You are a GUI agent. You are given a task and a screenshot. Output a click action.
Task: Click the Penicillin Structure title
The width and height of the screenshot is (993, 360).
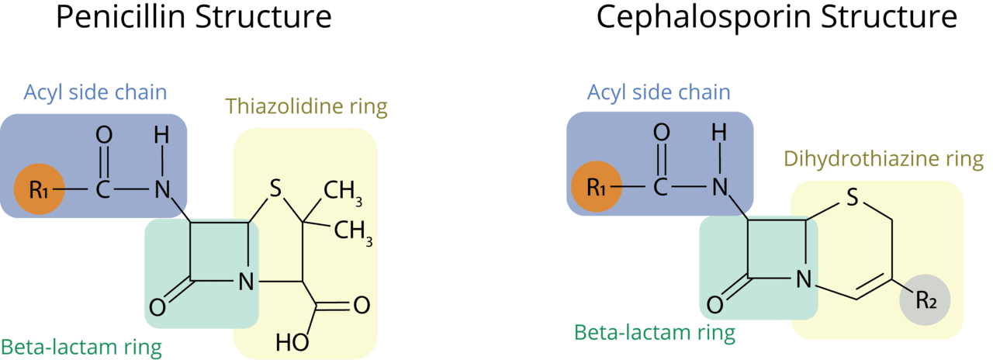click(194, 17)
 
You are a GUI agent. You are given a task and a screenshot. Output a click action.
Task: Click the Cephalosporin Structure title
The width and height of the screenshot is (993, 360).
click(776, 17)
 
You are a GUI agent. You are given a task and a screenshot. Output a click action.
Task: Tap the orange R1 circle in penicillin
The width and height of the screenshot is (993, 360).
click(37, 189)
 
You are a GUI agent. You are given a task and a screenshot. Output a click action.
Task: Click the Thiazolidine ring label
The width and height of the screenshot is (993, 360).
click(306, 107)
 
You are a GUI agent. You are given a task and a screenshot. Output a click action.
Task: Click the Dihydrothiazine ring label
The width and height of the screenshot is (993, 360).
click(883, 160)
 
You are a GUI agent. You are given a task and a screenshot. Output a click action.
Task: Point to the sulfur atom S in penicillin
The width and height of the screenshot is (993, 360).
click(275, 189)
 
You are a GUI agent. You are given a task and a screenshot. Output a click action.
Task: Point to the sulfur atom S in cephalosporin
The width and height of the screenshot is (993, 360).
click(851, 199)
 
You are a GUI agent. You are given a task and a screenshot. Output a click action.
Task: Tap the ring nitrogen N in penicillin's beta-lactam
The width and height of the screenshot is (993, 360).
click(245, 281)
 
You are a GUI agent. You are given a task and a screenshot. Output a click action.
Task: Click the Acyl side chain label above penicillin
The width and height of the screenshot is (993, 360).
click(95, 93)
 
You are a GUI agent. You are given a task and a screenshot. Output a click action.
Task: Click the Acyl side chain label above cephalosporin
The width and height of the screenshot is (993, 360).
click(659, 93)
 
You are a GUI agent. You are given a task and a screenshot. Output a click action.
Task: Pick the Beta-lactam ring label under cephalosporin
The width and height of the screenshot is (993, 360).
click(653, 334)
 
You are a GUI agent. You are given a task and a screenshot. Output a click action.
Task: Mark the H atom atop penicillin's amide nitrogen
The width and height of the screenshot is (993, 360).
click(161, 136)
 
